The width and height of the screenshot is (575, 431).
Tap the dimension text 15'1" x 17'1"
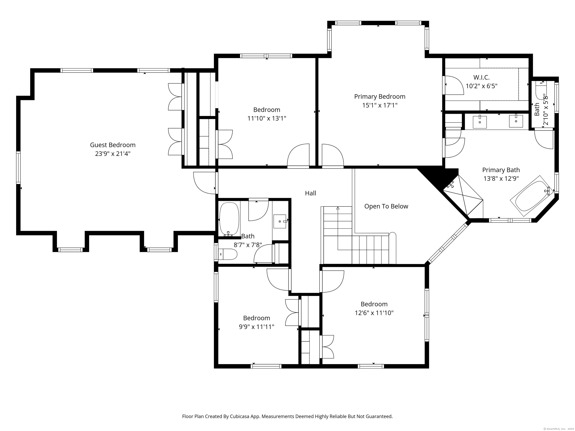pyautogui.click(x=380, y=105)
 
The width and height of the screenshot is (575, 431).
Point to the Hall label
pyautogui.click(x=310, y=193)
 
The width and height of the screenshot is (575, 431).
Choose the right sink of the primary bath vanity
pyautogui.click(x=516, y=121)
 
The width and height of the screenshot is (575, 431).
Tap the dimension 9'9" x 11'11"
pyautogui.click(x=257, y=327)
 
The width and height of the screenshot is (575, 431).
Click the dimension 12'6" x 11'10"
pyautogui.click(x=374, y=313)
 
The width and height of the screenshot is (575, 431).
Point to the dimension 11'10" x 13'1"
pyautogui.click(x=267, y=118)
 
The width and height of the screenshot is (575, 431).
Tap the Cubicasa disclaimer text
pyautogui.click(x=287, y=402)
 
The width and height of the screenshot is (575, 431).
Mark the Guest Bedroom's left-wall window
pyautogui.click(x=18, y=168)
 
